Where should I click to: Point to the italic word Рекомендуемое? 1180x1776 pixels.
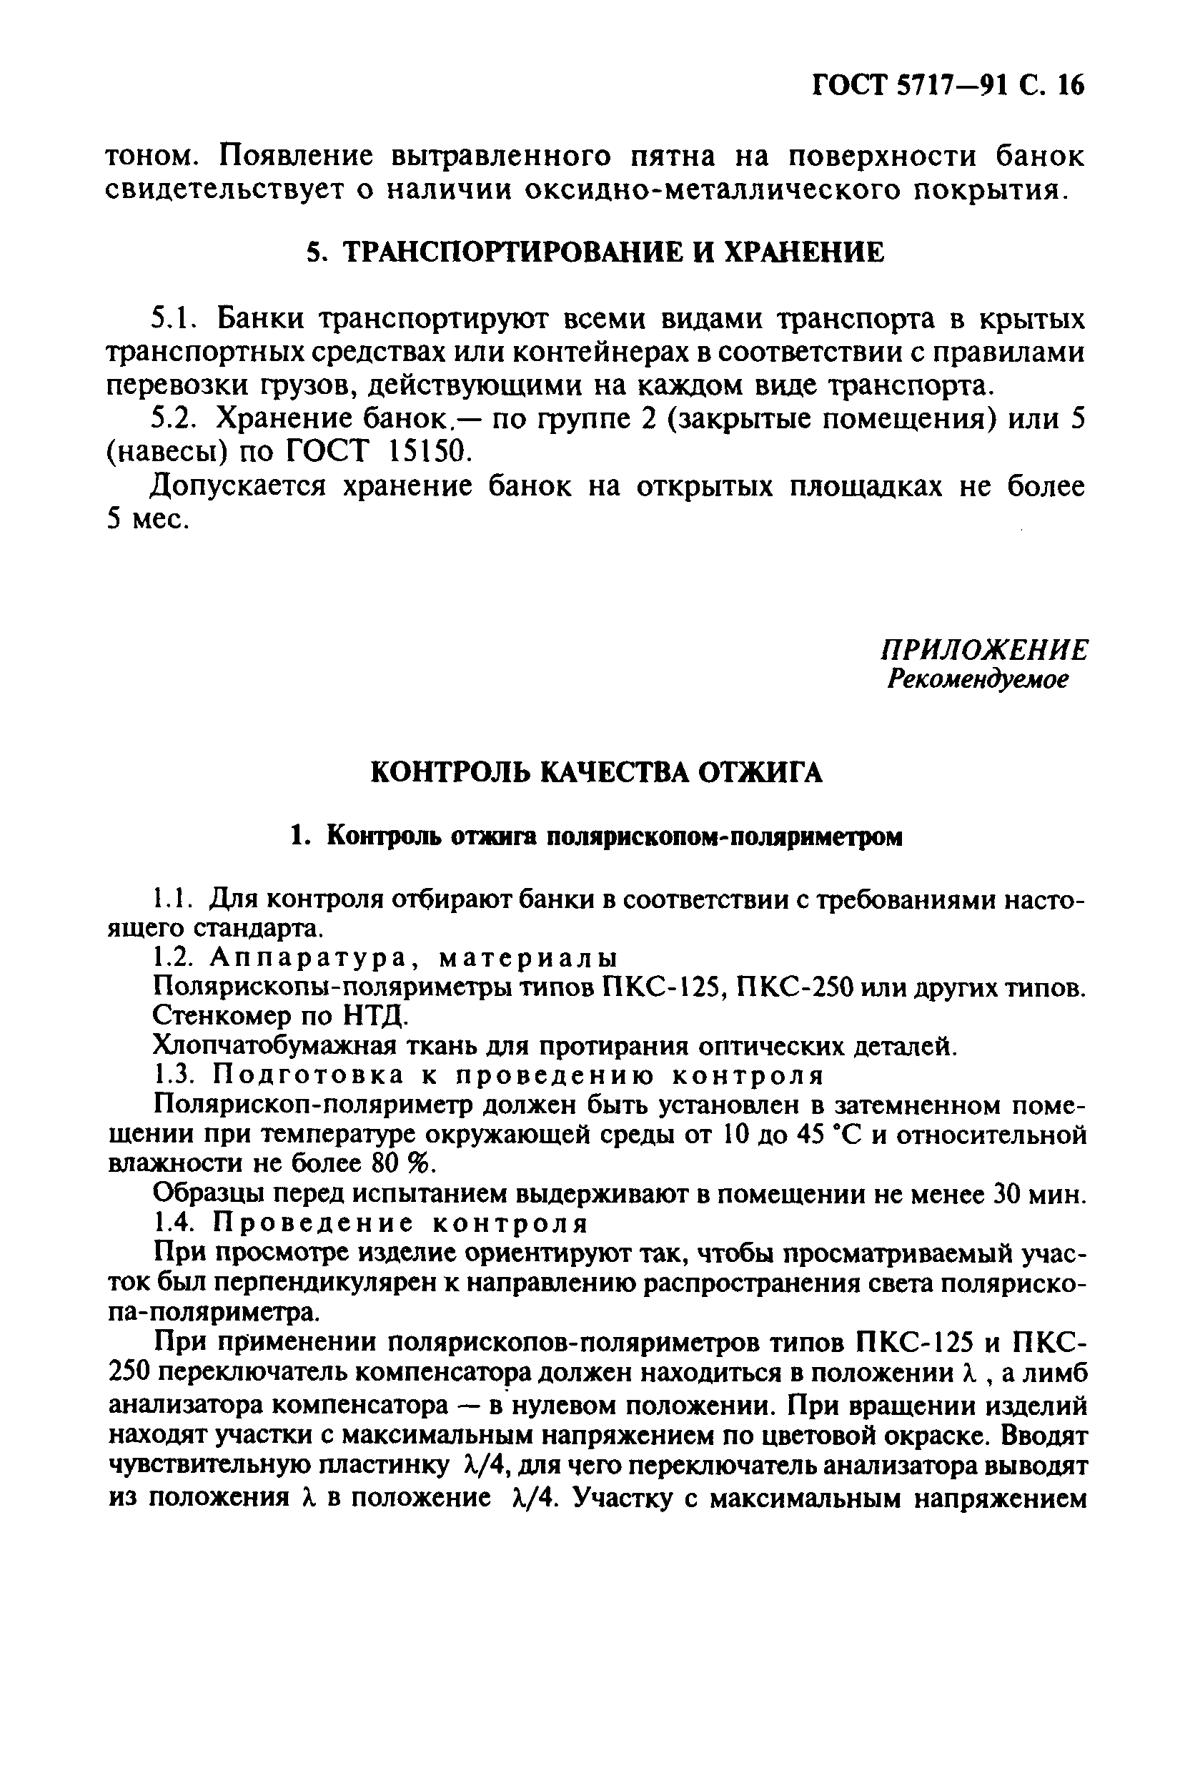coord(978,679)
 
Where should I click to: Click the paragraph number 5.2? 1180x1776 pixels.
coord(171,418)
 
